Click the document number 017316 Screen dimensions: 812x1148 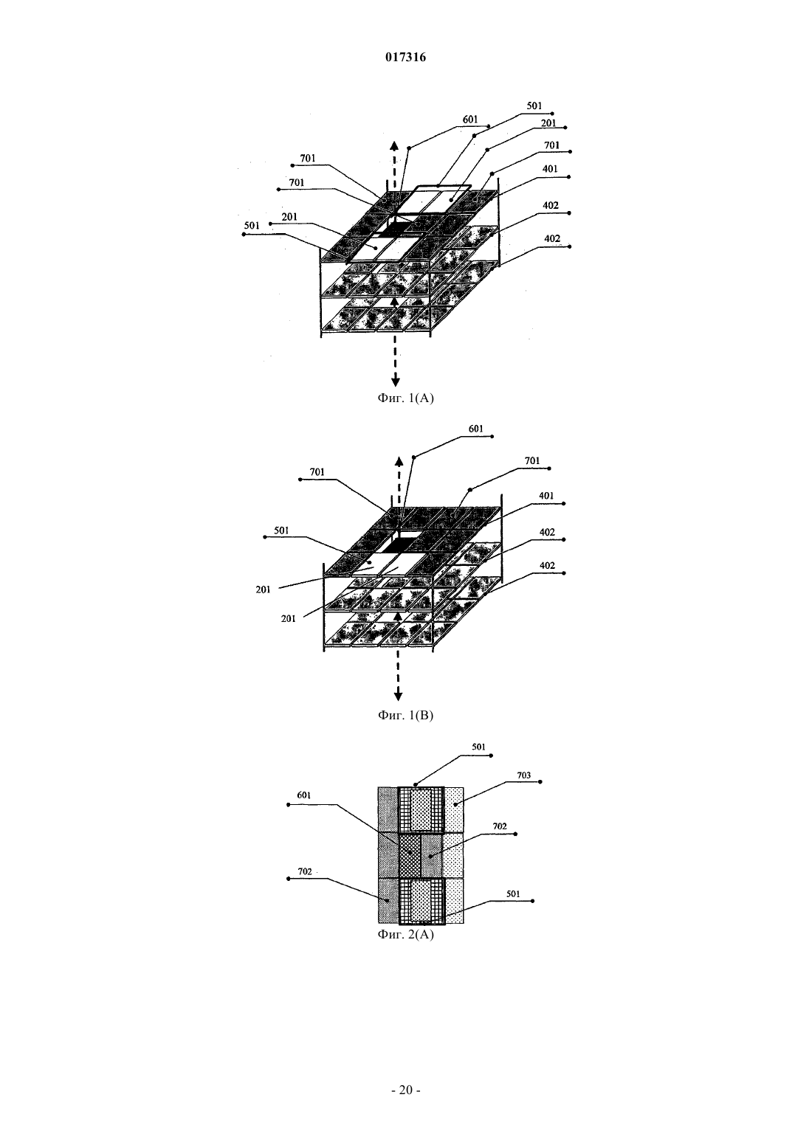coord(405,57)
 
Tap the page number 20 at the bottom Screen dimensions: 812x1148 coord(405,1090)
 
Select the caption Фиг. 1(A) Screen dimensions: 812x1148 coord(405,398)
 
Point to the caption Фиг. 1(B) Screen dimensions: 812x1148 coord(405,715)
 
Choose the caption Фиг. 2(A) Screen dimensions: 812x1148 coord(405,934)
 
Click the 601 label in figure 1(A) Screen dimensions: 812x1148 coord(470,120)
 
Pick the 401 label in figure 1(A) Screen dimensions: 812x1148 coord(550,169)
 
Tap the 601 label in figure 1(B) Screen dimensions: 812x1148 coord(475,429)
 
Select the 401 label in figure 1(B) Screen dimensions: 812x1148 coord(546,496)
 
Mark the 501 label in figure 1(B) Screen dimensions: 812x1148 coord(281,530)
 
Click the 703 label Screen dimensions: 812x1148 coord(524,775)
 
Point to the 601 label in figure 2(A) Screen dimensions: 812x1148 coord(304,795)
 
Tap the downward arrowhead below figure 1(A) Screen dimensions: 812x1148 coord(395,381)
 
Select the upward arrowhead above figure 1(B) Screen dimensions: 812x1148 coord(399,460)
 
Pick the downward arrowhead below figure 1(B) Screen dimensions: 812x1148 coord(399,696)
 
